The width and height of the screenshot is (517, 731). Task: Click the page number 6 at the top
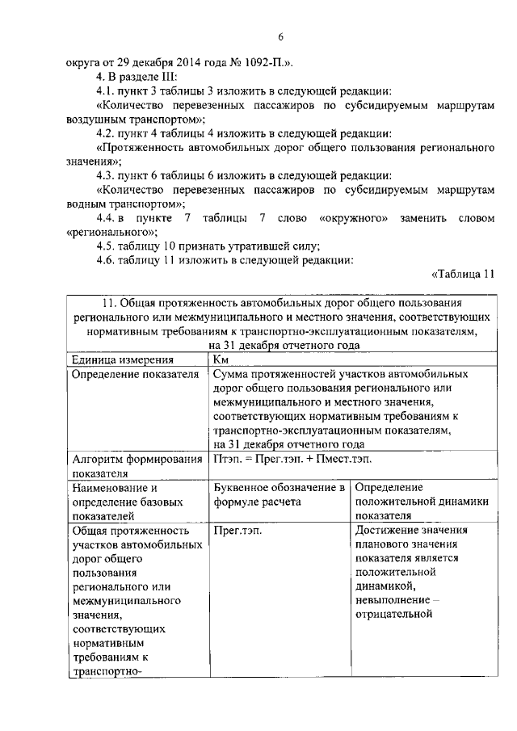280,37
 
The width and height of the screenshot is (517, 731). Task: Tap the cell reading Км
222,359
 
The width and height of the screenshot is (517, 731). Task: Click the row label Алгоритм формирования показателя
137,466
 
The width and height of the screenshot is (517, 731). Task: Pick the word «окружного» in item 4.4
355,219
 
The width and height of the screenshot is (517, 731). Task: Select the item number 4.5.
105,246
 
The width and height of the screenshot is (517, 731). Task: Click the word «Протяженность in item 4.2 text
140,148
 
